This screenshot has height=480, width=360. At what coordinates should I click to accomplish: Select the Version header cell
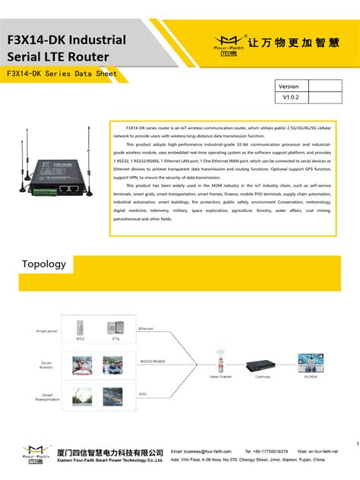point(289,87)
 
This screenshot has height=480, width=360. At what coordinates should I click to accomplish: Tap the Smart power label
point(46,331)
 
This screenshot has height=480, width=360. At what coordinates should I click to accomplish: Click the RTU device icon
point(79,327)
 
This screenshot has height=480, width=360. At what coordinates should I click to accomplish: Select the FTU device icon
point(116,327)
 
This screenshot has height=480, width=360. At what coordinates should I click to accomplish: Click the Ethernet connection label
point(146,329)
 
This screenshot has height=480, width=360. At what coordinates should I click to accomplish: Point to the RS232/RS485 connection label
point(153,362)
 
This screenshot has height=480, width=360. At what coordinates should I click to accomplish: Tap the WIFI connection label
point(142,393)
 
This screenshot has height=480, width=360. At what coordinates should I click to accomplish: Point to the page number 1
point(355,444)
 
